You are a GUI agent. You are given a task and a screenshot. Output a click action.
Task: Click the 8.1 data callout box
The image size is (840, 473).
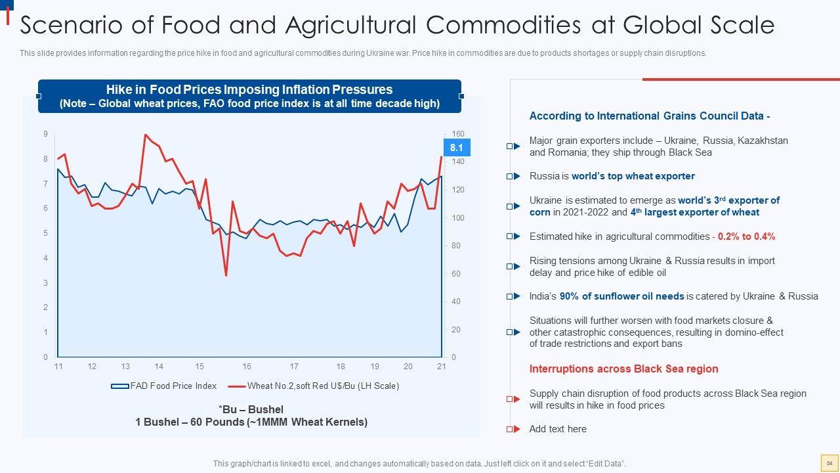(456, 148)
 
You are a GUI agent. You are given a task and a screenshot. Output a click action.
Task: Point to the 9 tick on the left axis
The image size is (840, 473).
(45, 134)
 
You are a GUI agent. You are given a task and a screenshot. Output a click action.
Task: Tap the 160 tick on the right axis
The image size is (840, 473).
(457, 134)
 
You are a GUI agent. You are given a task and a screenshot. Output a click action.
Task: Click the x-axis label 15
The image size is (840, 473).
(199, 367)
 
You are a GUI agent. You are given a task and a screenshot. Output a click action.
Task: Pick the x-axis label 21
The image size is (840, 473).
(441, 367)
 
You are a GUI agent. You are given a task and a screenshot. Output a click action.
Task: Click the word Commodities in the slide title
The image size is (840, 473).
(503, 25)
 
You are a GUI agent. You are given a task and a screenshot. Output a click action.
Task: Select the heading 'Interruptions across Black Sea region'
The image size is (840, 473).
(623, 369)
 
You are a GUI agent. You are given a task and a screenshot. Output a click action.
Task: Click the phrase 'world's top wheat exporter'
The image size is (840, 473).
(633, 176)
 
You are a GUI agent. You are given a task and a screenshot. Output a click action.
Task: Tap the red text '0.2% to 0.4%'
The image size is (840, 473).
(746, 236)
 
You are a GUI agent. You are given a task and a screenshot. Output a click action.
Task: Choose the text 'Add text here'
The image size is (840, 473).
(558, 429)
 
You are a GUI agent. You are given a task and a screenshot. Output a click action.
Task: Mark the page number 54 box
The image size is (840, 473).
(829, 463)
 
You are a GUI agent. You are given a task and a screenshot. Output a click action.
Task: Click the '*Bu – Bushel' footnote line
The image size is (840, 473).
(251, 409)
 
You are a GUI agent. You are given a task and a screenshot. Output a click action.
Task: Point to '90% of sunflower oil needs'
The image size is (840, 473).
(621, 296)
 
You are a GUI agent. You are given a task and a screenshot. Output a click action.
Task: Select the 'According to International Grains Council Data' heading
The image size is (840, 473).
(649, 116)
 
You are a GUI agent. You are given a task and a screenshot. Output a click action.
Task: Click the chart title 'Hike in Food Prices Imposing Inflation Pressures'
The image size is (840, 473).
(249, 89)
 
